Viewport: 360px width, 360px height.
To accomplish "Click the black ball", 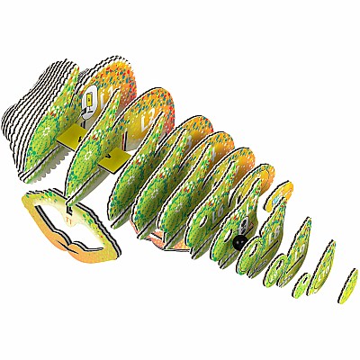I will click(x=238, y=243).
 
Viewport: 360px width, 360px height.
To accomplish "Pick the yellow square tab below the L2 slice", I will click(x=112, y=158).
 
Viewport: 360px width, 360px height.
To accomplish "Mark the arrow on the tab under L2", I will click(x=111, y=160).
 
